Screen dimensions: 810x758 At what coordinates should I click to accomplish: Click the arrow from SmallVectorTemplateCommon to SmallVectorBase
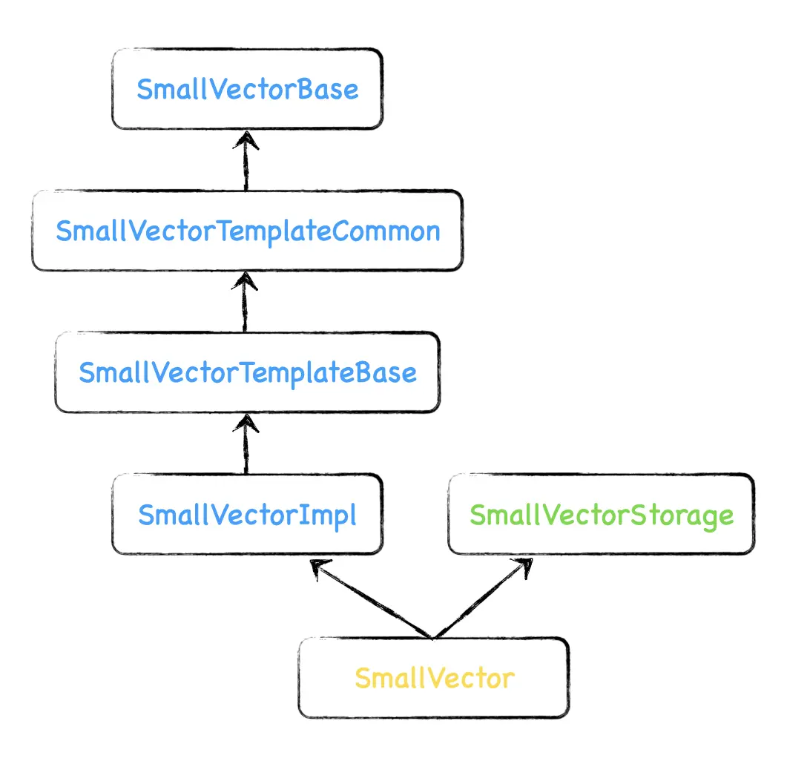click(x=246, y=160)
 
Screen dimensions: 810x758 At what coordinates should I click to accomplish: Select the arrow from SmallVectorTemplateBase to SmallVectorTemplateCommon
click(x=245, y=302)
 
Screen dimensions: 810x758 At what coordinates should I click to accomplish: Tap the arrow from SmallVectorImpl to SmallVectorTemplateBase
click(x=246, y=444)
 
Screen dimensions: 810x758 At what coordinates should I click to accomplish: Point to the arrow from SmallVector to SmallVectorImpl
click(x=370, y=599)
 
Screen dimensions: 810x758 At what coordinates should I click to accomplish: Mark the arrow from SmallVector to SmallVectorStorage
click(x=484, y=598)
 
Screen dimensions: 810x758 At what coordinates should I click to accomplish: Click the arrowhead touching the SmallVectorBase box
click(x=246, y=139)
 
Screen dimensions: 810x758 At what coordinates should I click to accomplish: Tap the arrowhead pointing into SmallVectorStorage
click(x=524, y=567)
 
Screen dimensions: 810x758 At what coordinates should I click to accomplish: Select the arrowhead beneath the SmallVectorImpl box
click(x=319, y=567)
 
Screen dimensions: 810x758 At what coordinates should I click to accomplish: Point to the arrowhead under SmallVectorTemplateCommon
click(x=245, y=281)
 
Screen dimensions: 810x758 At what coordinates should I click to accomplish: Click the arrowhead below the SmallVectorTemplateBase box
click(x=246, y=424)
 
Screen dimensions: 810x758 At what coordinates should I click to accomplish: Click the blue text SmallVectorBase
click(x=248, y=90)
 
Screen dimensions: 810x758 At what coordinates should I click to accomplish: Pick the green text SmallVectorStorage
click(x=602, y=515)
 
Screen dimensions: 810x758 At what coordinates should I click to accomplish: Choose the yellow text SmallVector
click(x=435, y=679)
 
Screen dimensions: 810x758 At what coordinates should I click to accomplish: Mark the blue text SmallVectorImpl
click(x=248, y=515)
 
